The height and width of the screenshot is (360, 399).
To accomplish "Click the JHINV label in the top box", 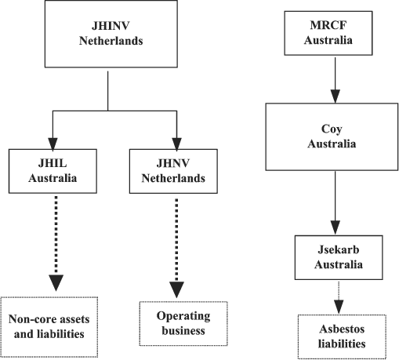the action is pyautogui.click(x=111, y=26).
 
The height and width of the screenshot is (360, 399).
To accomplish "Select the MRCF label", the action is pyautogui.click(x=328, y=25).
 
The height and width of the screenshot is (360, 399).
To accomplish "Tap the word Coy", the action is pyautogui.click(x=332, y=129).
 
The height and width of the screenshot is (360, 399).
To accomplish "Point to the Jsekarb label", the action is pyautogui.click(x=339, y=249).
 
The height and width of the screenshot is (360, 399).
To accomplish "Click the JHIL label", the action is pyautogui.click(x=53, y=163).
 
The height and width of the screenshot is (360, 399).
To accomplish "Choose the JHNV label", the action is pyautogui.click(x=173, y=163).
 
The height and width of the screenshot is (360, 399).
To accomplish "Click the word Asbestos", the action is pyautogui.click(x=342, y=329).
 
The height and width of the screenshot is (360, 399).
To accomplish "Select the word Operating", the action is pyautogui.click(x=183, y=316).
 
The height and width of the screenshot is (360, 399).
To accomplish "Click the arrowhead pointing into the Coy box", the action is pyautogui.click(x=336, y=96).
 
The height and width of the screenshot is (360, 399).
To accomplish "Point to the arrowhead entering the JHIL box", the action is pyautogui.click(x=53, y=144).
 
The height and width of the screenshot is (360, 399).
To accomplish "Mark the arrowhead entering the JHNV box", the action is pyautogui.click(x=176, y=144).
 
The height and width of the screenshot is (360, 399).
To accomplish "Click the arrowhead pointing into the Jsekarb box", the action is pyautogui.click(x=336, y=227).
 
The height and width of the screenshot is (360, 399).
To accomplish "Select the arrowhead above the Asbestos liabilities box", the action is pyautogui.click(x=339, y=307).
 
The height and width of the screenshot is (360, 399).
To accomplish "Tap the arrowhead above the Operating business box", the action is pyautogui.click(x=176, y=289).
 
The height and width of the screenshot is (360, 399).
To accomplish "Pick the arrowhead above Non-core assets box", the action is pyautogui.click(x=56, y=283).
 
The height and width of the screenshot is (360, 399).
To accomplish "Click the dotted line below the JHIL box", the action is pyautogui.click(x=56, y=235).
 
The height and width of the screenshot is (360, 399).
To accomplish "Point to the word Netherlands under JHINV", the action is pyautogui.click(x=111, y=41).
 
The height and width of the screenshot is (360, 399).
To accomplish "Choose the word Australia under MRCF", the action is pyautogui.click(x=328, y=40).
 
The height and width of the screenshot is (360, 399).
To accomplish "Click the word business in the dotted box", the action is pyautogui.click(x=183, y=330).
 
